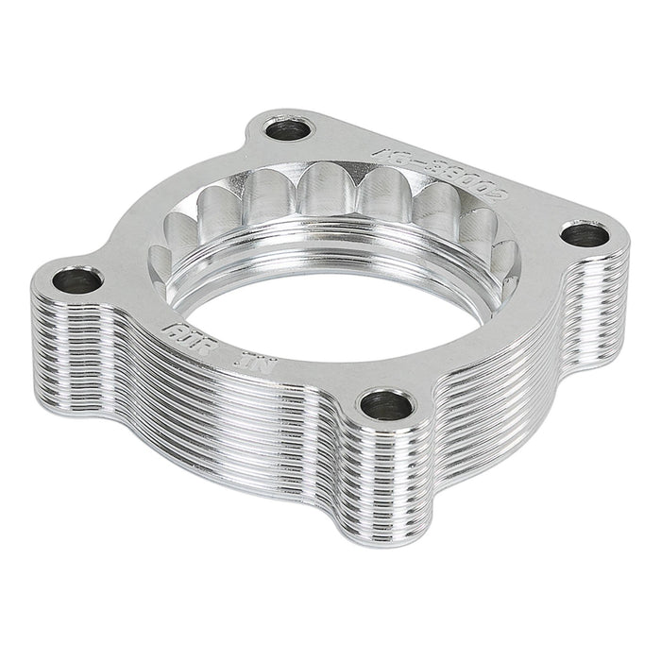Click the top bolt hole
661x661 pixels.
point(286,129)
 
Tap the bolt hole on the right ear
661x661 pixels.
point(586,233)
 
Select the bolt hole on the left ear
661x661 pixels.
point(77,280)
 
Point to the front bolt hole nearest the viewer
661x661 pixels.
point(387,406)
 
